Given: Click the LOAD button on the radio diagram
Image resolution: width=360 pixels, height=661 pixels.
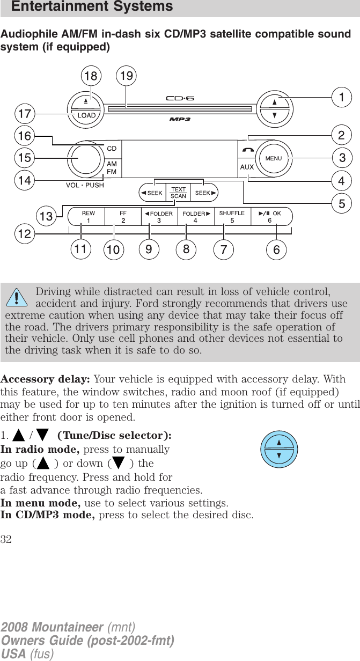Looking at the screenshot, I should [87, 114].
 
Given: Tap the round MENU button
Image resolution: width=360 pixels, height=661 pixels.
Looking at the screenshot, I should [273, 158].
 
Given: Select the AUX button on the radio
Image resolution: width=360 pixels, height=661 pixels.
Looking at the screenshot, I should [246, 167].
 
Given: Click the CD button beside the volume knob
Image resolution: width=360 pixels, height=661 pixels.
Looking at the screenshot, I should [112, 148].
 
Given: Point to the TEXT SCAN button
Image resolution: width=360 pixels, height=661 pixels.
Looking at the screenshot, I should [178, 193].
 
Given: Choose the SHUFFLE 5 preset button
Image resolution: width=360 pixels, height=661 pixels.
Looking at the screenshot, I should [232, 216].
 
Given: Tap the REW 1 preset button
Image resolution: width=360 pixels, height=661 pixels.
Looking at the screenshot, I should [89, 216].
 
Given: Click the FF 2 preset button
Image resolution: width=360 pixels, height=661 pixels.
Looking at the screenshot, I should [123, 216].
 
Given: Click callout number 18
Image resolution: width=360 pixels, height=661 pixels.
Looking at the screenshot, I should [90, 76].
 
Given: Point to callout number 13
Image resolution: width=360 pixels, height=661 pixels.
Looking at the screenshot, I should [46, 216].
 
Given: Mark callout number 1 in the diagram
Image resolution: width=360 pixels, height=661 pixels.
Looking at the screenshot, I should [341, 98].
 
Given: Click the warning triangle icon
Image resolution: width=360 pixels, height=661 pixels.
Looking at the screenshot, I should [20, 296].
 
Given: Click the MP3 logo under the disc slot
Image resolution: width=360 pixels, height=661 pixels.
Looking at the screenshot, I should [180, 119].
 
